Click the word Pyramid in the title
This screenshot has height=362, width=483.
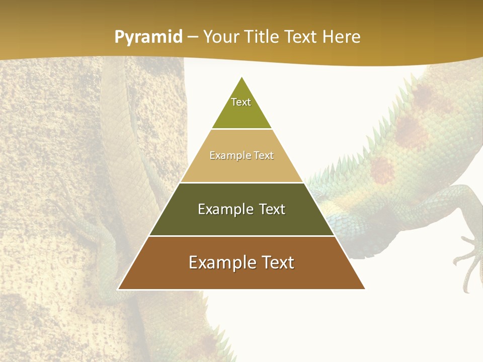148,37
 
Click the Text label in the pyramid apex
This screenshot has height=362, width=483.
241,102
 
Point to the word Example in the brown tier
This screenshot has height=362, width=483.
220,262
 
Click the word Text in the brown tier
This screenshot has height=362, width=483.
277,262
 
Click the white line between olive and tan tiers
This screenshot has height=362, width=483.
242,129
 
